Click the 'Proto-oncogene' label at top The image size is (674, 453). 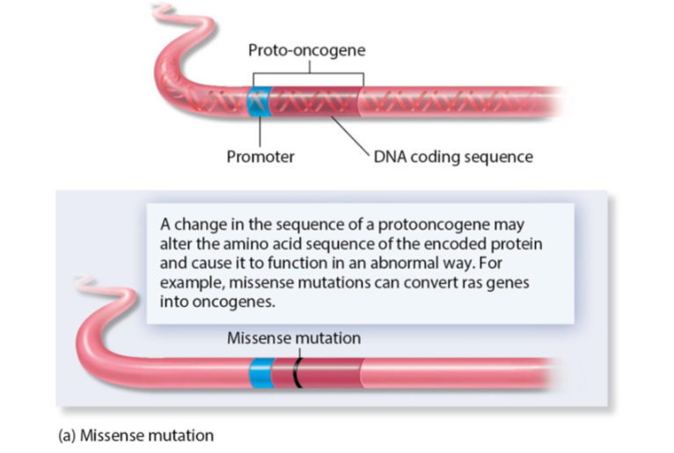click(x=305, y=50)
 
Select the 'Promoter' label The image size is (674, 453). click(x=260, y=157)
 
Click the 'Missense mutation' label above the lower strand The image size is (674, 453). click(x=293, y=338)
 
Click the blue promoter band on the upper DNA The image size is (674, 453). click(x=260, y=104)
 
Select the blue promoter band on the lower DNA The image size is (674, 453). click(x=260, y=373)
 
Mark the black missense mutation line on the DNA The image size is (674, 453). click(x=298, y=373)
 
